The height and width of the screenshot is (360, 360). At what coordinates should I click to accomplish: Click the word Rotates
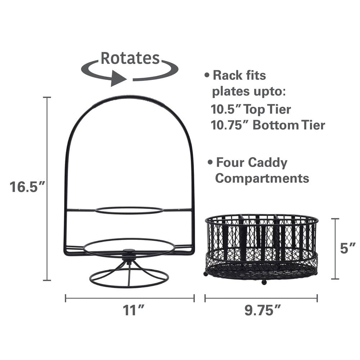(130, 58)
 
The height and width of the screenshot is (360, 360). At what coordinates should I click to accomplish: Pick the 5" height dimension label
(348, 248)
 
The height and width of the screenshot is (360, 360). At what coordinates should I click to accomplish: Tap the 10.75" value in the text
(229, 125)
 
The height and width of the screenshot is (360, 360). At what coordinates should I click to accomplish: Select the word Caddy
(267, 163)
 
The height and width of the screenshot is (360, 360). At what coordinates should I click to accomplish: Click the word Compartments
(262, 178)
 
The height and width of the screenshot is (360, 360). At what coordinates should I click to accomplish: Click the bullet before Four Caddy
(210, 163)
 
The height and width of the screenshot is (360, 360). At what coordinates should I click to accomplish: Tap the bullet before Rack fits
(207, 76)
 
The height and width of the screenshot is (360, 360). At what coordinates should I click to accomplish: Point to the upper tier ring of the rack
(129, 210)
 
